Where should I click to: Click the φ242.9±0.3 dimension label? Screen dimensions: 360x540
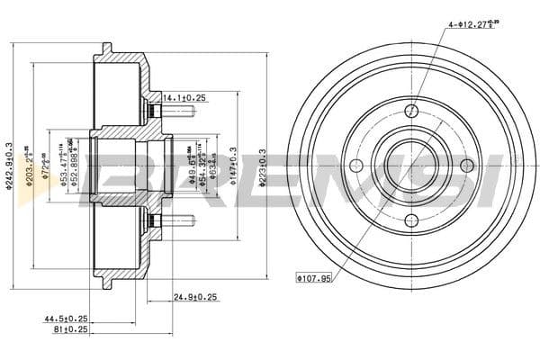point(9,166)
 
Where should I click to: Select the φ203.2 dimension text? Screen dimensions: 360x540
point(29,166)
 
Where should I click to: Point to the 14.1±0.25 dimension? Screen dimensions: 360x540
point(184,97)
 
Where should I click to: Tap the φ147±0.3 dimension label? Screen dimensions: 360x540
point(233,166)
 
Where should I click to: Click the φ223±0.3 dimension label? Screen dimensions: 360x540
point(261,166)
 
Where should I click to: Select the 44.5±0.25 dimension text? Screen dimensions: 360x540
point(67,319)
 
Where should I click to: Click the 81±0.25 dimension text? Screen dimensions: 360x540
point(72,330)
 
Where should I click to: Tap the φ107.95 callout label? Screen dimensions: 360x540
point(313,278)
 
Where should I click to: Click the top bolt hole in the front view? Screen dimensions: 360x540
point(411,110)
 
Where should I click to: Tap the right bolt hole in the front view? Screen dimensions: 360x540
point(467,166)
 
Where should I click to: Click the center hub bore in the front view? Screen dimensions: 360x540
point(411,166)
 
